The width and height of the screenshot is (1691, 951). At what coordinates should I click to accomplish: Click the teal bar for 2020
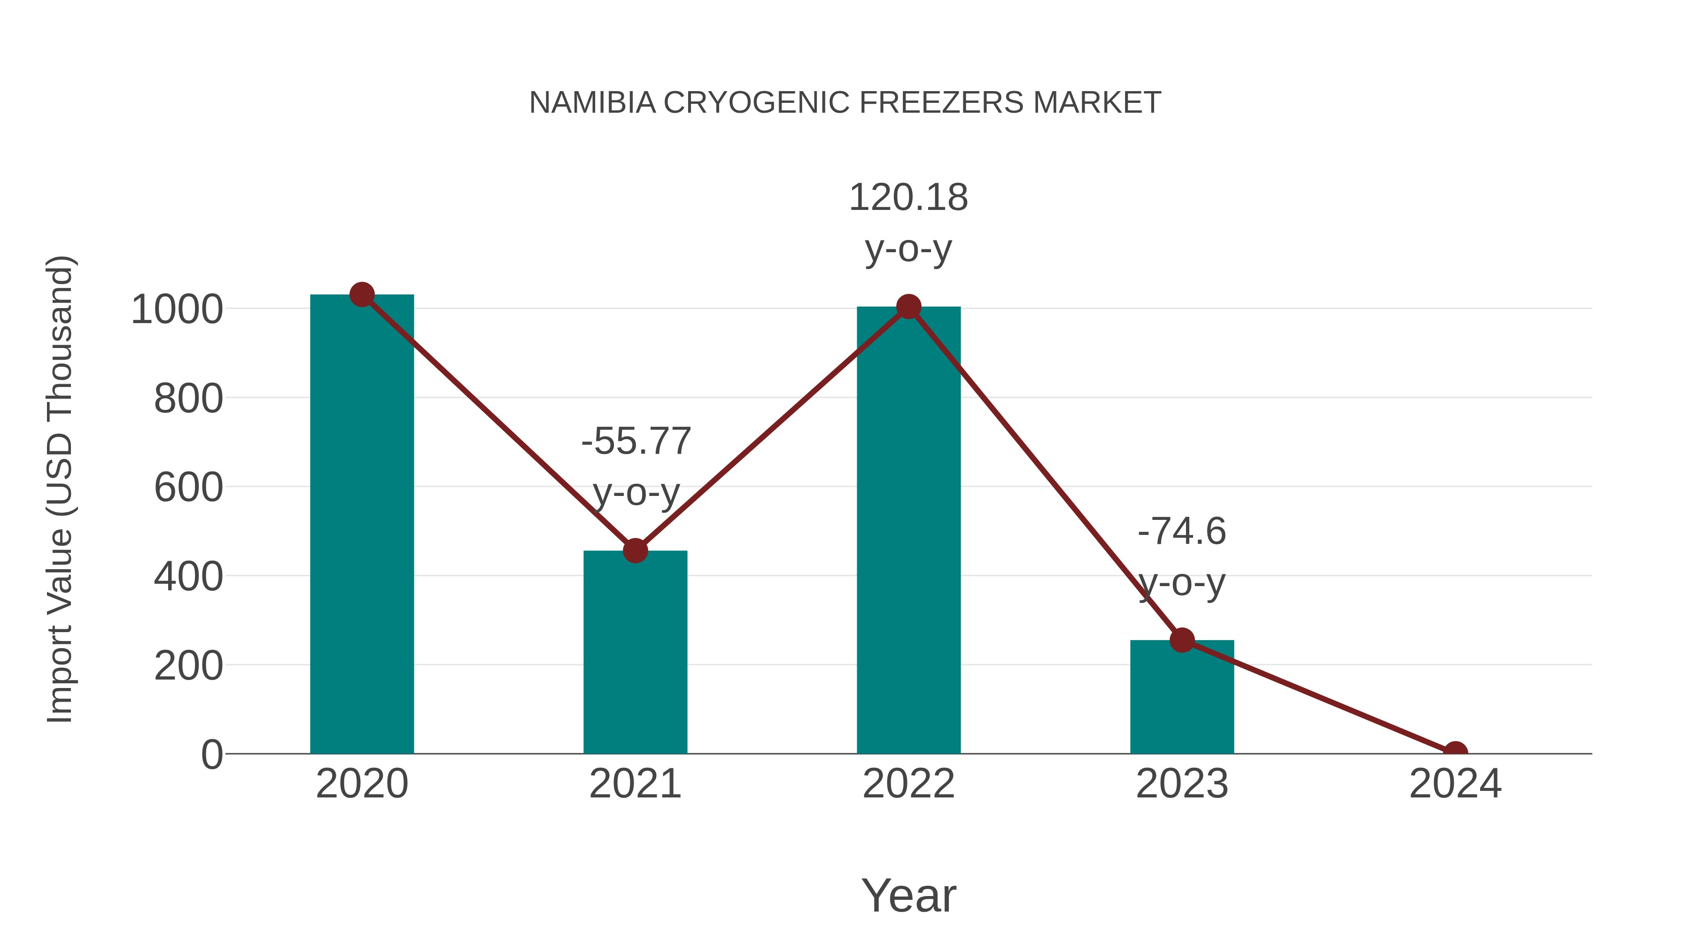362,525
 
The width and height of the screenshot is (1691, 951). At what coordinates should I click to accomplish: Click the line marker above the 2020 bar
362,294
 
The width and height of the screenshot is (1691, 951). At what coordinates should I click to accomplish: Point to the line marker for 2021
635,551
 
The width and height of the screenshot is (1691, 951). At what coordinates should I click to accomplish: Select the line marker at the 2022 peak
908,307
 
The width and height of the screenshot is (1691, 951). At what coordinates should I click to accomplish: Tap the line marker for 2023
1182,640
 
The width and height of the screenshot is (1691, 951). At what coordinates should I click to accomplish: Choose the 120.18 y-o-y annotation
908,223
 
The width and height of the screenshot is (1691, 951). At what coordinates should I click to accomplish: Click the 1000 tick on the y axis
177,310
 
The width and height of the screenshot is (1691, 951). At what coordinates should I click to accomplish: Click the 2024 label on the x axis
1455,784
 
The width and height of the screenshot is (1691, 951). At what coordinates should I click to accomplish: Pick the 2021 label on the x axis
635,784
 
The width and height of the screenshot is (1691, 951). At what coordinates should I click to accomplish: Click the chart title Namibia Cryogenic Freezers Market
845,103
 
